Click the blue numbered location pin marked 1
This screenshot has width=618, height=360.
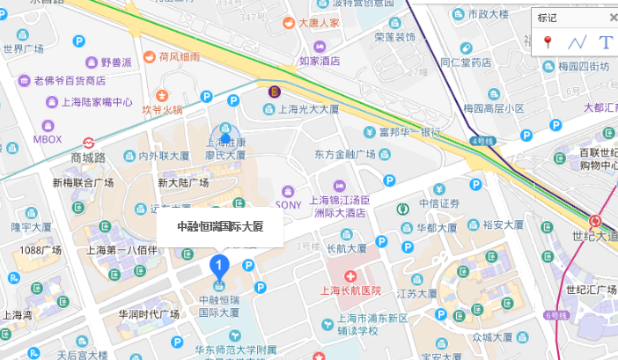pos(218,264)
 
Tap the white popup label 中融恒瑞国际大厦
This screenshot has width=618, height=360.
pos(221,226)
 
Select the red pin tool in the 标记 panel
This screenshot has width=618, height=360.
pos(547,42)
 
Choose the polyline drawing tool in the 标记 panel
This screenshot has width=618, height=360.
pos(577,42)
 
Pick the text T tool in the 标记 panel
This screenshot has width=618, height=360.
pos(605,42)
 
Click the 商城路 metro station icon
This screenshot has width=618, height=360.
pos(89,143)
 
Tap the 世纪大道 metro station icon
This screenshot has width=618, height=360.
pos(596,221)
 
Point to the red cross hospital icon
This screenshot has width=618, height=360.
pos(350,276)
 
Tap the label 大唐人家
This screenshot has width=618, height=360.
pos(320,23)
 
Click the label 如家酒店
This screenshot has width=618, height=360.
pos(320,61)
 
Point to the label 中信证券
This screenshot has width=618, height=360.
pos(439,203)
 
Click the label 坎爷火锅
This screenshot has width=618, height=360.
pos(163,110)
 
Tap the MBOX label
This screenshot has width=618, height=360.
pos(48,139)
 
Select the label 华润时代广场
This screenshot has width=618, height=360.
pos(150,313)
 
